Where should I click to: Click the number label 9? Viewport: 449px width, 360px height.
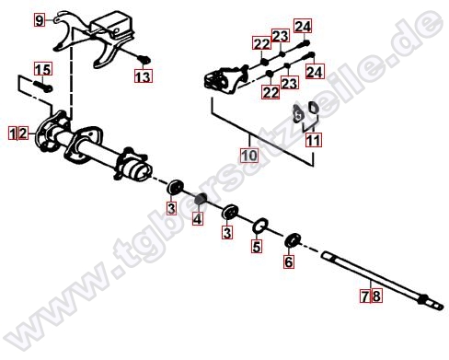tap(39, 20)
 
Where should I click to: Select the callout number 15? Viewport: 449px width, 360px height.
tap(43, 69)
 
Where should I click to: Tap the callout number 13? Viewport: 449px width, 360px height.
tap(144, 76)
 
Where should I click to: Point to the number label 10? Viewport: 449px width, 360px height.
tap(249, 156)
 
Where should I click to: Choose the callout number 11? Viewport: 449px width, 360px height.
tap(314, 141)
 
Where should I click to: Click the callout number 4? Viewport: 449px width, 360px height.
tap(198, 219)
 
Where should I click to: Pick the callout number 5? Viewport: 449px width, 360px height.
tap(257, 246)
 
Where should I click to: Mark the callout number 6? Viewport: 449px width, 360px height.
tap(289, 261)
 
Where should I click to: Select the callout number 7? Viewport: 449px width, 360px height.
tap(365, 296)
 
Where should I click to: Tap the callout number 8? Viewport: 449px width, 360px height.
tap(376, 296)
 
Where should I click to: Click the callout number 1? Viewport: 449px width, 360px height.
tap(13, 134)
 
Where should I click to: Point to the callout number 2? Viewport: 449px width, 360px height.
tap(23, 134)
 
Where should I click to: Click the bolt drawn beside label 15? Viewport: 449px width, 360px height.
tap(42, 86)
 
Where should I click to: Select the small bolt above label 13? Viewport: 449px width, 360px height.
tap(144, 59)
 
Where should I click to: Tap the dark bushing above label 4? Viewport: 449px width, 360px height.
tap(200, 198)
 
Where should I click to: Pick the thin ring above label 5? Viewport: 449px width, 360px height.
tap(260, 226)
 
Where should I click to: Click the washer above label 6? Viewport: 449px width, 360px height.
tap(293, 239)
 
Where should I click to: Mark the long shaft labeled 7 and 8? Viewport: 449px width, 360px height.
tap(382, 279)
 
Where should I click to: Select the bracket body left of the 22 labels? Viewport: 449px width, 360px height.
tap(224, 80)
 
